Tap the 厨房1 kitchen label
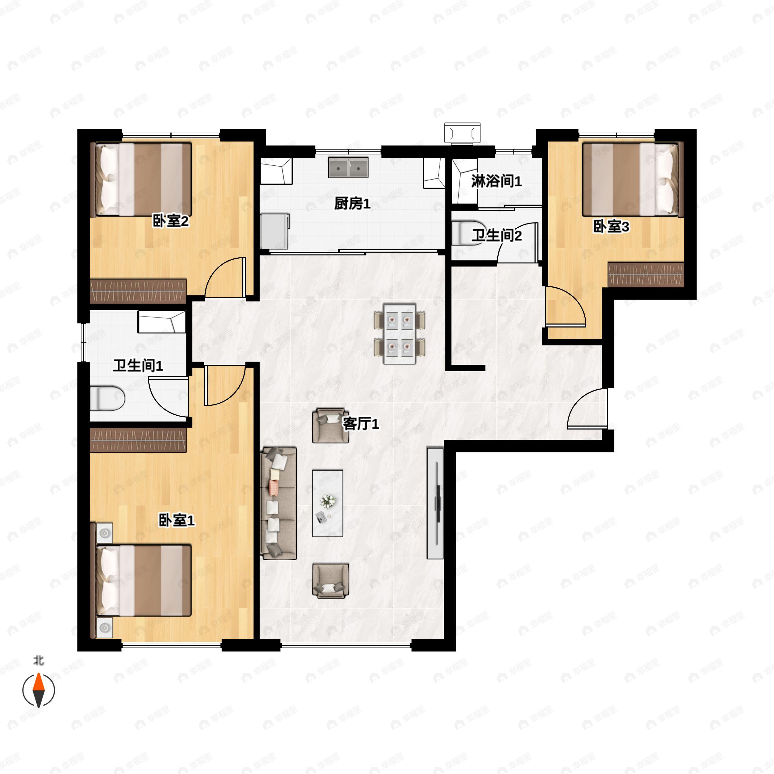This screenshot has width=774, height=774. [352, 204]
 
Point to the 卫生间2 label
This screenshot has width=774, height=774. [496, 235]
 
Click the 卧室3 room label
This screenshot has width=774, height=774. [611, 226]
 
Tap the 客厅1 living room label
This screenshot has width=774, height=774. [361, 423]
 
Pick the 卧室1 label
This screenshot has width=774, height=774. [177, 521]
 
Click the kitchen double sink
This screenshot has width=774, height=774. [349, 167]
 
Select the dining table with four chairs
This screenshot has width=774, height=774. [400, 334]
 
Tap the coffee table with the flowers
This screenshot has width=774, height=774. [328, 503]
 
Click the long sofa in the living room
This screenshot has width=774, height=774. [278, 503]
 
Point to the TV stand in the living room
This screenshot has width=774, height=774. [435, 503]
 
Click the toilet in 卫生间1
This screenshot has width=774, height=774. [107, 398]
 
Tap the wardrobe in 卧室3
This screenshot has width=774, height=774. [646, 274]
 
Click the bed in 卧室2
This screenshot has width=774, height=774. [141, 180]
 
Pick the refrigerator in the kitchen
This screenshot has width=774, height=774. [275, 232]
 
